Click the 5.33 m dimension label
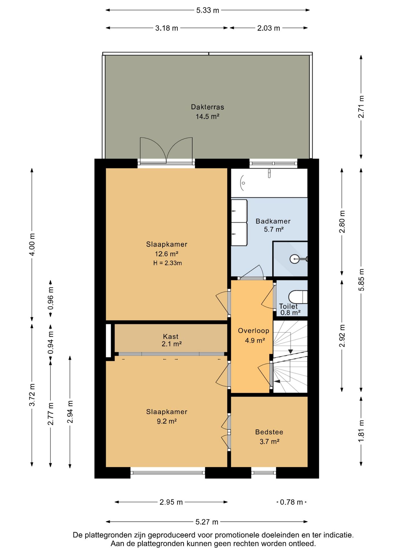[x=207, y=10]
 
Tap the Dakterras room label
[x=207, y=107]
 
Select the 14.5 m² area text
[x=207, y=116]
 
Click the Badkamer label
[x=273, y=221]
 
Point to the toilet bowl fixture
[x=298, y=297]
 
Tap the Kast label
[x=171, y=336]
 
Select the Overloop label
[x=254, y=331]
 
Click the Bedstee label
[x=269, y=432]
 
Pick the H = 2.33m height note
[x=168, y=263]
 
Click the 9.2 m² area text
[x=167, y=421]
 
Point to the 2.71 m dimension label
[x=361, y=107]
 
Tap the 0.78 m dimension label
[x=291, y=502]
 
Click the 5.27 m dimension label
[x=207, y=522]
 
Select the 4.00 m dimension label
[x=32, y=245]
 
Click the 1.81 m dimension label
[x=361, y=431]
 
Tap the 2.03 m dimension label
[x=269, y=28]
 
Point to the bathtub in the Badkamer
[x=269, y=183]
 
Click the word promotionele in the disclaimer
[x=237, y=535]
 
